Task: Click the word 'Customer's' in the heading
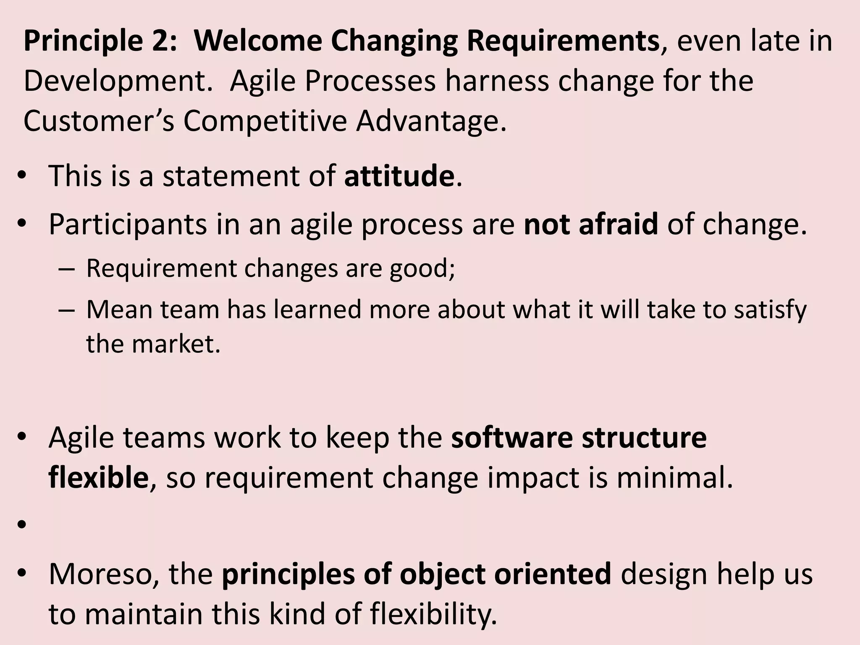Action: tap(98, 121)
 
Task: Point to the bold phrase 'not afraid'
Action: tap(591, 224)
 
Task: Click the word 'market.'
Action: tap(176, 344)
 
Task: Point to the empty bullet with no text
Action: tap(22, 524)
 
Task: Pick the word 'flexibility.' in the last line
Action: tap(433, 614)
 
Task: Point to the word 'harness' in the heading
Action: tap(497, 81)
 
